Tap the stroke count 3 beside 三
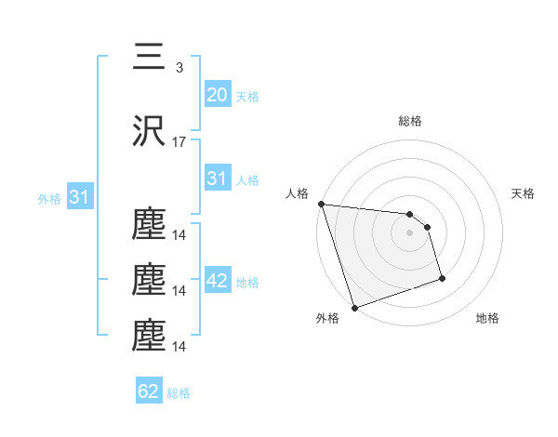tap(179, 67)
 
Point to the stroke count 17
tap(179, 142)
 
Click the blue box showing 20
tap(217, 94)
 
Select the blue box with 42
tap(217, 281)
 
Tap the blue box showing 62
tap(149, 391)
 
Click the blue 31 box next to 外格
tap(79, 197)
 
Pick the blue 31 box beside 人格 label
tap(217, 179)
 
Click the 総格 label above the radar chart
tap(410, 121)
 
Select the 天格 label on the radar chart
tap(524, 193)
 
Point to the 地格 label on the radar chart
tap(487, 319)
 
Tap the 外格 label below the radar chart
tap(327, 319)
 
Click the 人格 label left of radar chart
tap(297, 193)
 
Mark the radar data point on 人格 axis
tap(321, 204)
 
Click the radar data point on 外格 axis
tap(354, 307)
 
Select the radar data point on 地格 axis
tap(442, 278)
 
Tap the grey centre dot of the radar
tap(410, 232)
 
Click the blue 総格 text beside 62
tap(179, 393)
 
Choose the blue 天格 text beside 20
tap(246, 96)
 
